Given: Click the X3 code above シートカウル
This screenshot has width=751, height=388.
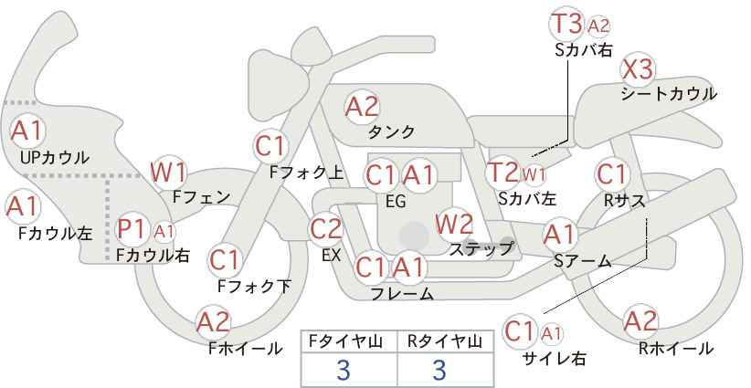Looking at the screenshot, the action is [x=638, y=70].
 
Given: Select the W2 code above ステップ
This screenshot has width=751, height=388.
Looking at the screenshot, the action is [x=454, y=225].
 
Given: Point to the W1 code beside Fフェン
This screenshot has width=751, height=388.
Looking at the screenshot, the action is [x=168, y=173].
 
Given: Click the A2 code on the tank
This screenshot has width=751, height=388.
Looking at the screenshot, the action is [x=362, y=107].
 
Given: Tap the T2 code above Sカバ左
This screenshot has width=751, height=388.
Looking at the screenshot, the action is [x=502, y=173].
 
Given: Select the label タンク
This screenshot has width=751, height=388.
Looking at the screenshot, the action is [x=391, y=132].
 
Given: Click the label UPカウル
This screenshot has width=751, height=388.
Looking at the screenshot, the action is [x=55, y=157].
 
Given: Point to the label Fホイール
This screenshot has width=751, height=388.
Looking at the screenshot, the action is [x=245, y=349].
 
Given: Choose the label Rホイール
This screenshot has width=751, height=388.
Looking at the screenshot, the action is [x=676, y=349].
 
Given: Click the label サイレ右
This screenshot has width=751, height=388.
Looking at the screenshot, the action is [x=555, y=358].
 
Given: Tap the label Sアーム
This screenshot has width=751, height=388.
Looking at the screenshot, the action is [x=583, y=261].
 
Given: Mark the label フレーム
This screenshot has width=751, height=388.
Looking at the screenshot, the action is [x=402, y=294].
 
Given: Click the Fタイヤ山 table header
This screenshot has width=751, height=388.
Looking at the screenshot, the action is [x=345, y=341].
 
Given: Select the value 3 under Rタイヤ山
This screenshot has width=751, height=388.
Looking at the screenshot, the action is [x=439, y=370].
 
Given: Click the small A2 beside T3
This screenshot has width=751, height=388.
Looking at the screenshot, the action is [x=598, y=26].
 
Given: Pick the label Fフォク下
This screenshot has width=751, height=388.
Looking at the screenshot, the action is [x=254, y=287].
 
